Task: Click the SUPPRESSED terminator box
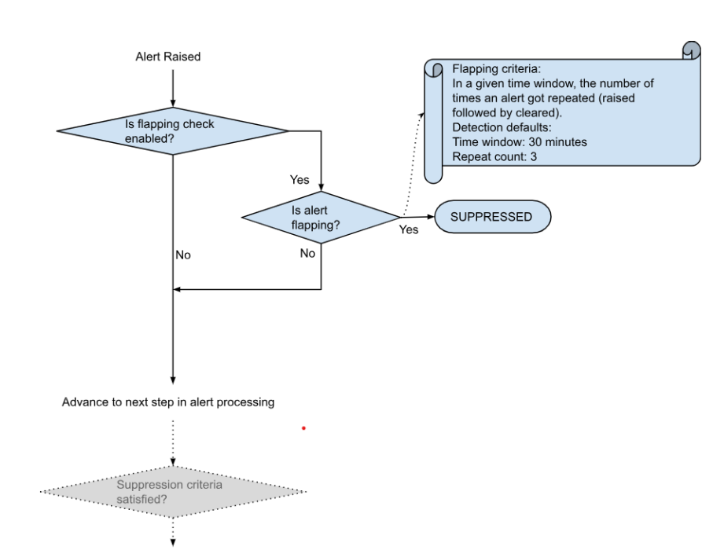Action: tap(491, 216)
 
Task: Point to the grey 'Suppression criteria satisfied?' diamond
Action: tap(173, 493)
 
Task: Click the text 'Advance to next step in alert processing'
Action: tap(168, 402)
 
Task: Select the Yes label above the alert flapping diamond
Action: tap(300, 180)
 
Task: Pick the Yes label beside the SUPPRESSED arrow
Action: tap(409, 230)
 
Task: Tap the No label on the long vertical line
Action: tap(182, 255)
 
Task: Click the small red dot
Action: tap(303, 428)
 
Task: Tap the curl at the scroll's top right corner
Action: tap(692, 50)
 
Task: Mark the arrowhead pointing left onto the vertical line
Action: tap(178, 289)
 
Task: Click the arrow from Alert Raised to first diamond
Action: tap(173, 86)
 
